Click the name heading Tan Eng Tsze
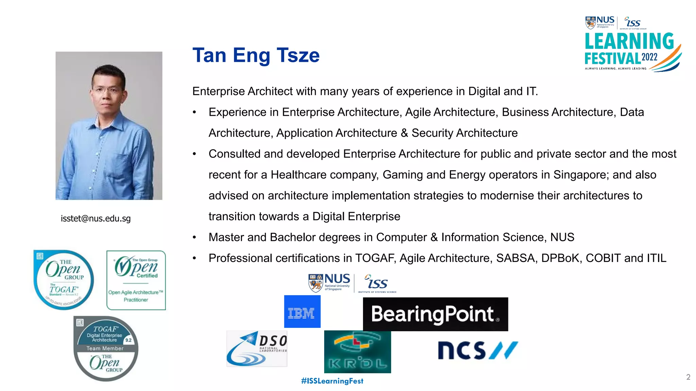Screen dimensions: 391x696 256,55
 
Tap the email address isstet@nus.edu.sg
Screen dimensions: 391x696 95,219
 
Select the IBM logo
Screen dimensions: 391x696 302,312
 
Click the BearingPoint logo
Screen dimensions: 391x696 435,314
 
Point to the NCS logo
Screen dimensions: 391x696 477,350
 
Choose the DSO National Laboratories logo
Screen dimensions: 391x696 257,349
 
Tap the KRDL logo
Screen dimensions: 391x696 358,352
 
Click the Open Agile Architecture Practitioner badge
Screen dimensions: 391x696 136,280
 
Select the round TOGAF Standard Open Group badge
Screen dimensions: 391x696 64,280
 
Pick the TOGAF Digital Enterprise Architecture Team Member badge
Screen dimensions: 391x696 106,349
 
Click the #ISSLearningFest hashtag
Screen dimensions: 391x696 332,381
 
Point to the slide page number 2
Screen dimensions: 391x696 688,377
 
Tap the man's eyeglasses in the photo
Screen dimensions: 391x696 106,91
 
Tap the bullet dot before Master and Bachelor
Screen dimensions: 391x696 194,238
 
